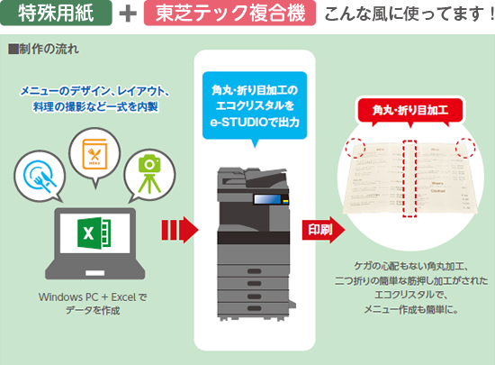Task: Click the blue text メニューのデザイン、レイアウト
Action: [100, 90]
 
